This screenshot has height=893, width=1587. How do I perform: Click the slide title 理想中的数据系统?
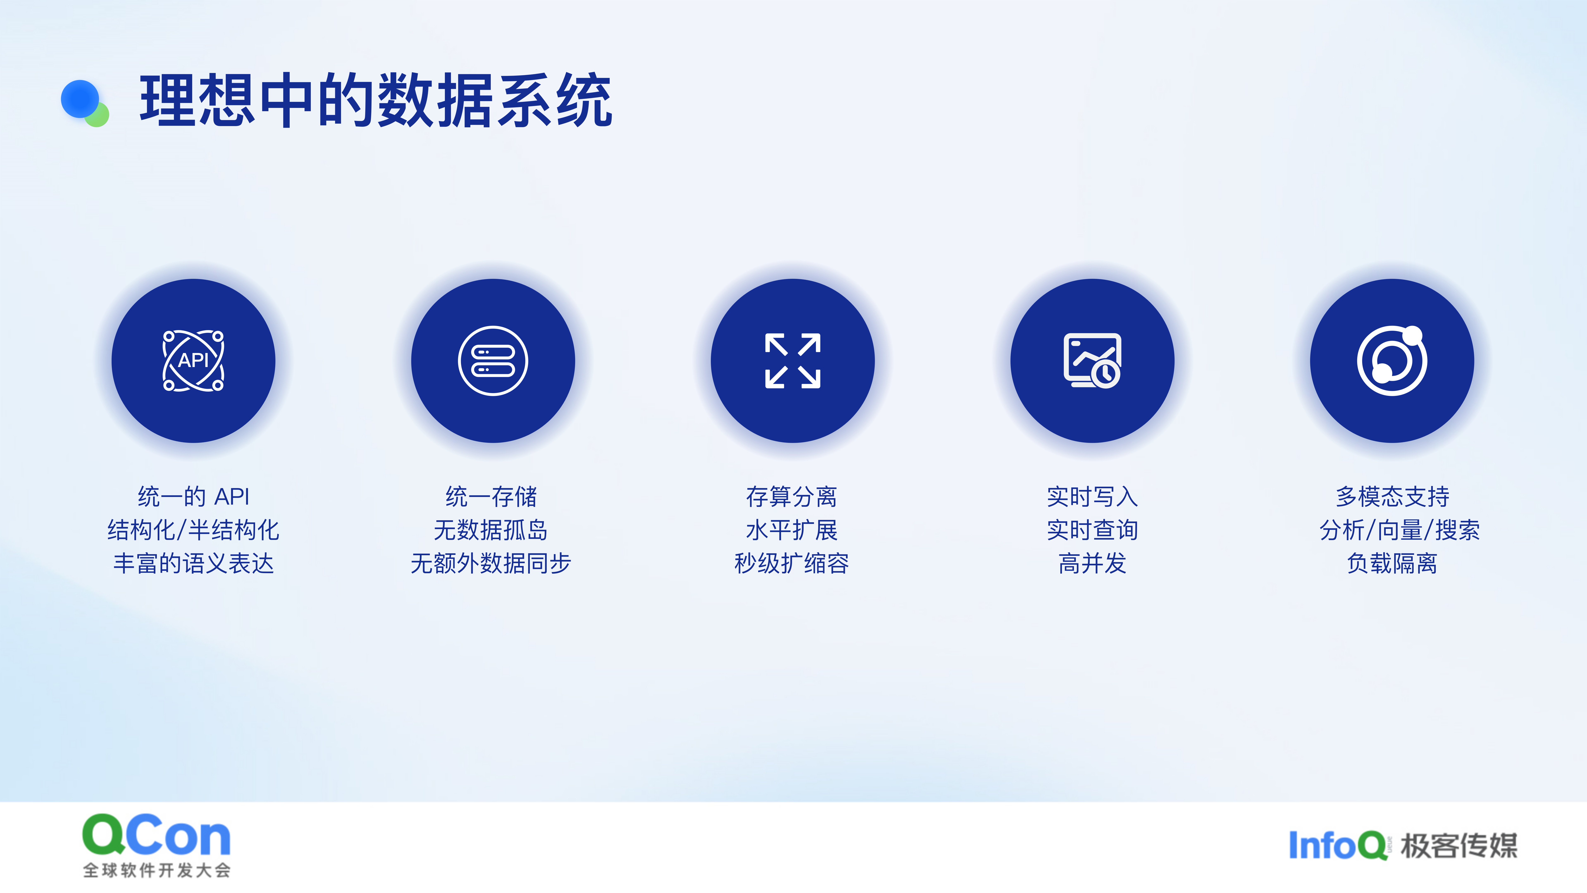tap(376, 100)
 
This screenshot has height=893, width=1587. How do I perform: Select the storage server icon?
tap(493, 361)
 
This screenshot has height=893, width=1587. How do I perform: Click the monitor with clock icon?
tap(1092, 361)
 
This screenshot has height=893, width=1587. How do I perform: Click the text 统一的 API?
tap(193, 496)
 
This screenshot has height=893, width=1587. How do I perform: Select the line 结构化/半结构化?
tap(193, 529)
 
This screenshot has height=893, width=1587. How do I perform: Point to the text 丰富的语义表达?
tap(193, 563)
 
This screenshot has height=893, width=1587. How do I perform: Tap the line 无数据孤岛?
tap(491, 529)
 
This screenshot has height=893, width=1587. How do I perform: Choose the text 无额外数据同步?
tap(491, 563)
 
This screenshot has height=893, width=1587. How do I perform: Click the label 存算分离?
tap(792, 496)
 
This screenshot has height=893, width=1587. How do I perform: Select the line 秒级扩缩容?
tap(792, 563)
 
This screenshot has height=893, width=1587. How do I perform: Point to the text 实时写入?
tap(1092, 496)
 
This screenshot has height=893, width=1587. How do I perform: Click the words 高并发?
tap(1092, 563)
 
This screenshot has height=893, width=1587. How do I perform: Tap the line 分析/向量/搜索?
tap(1400, 529)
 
